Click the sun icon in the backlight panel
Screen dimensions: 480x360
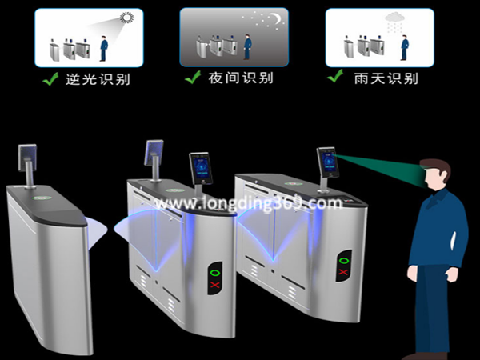pyautogui.click(x=126, y=18)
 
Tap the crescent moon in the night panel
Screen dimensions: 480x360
pyautogui.click(x=277, y=18)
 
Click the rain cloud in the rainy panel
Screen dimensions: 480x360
pyautogui.click(x=394, y=17)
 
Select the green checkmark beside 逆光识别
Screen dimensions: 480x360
pyautogui.click(x=50, y=78)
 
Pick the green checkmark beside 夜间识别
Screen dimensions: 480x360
pyautogui.click(x=193, y=77)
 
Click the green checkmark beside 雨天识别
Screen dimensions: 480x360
pyautogui.click(x=335, y=76)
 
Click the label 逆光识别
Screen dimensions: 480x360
pyautogui.click(x=98, y=79)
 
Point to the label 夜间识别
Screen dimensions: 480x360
pyautogui.click(x=241, y=78)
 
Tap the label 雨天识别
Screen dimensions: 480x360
pyautogui.click(x=386, y=78)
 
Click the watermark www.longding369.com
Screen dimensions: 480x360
pyautogui.click(x=248, y=202)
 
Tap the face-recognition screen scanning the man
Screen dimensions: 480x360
pyautogui.click(x=327, y=162)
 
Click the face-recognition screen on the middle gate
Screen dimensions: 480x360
pyautogui.click(x=201, y=168)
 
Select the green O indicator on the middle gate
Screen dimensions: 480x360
pyautogui.click(x=215, y=273)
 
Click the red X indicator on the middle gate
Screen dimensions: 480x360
pyautogui.click(x=214, y=285)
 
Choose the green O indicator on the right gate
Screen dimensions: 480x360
pyautogui.click(x=344, y=261)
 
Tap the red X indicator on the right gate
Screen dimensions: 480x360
pyautogui.click(x=343, y=272)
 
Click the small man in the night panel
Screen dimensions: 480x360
pyautogui.click(x=247, y=47)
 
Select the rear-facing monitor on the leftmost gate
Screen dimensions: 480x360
pyautogui.click(x=27, y=158)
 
